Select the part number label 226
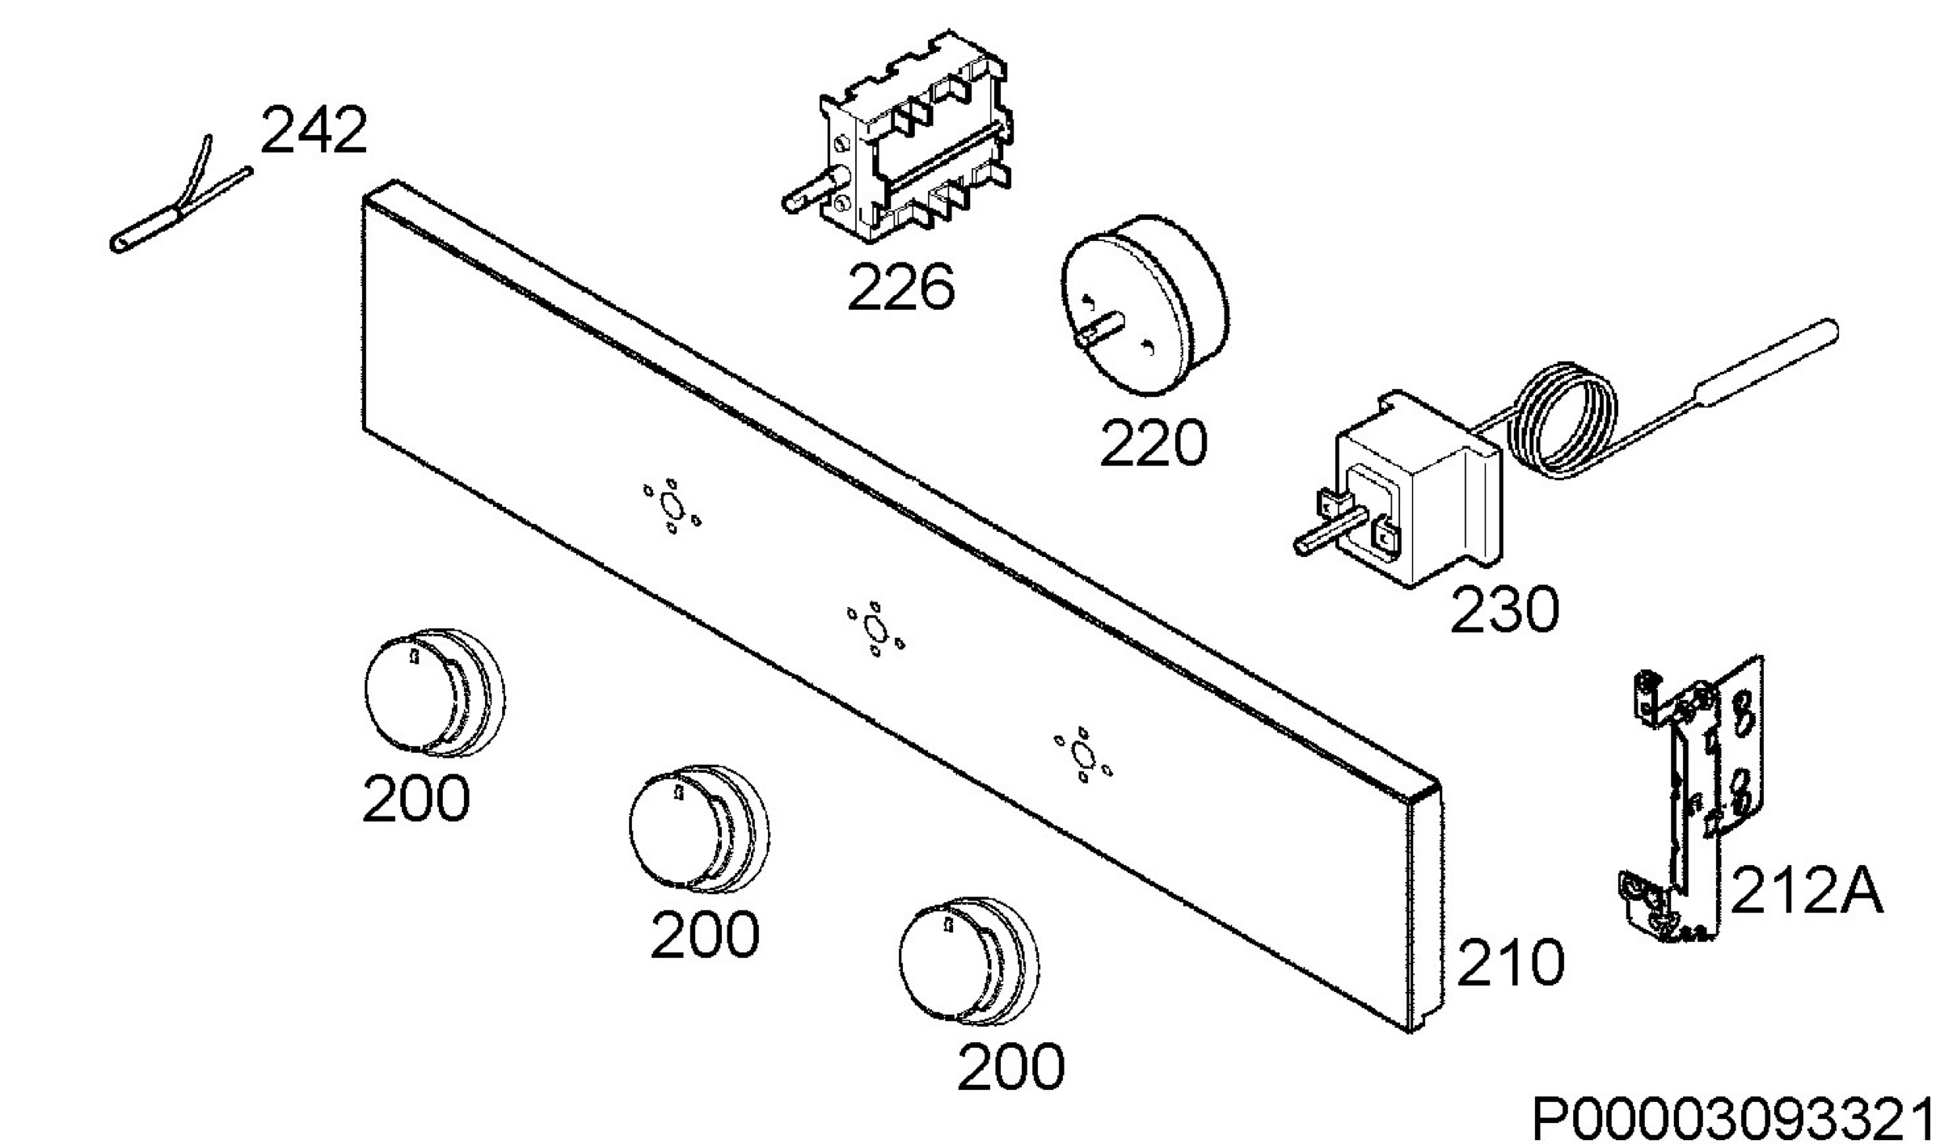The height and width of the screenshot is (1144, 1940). [x=900, y=286]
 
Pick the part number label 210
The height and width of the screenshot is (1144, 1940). [x=1511, y=962]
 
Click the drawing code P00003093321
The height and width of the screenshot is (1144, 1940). [x=1735, y=1118]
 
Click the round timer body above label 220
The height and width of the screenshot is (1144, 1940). [x=1145, y=306]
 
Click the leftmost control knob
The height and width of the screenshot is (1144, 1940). [x=435, y=692]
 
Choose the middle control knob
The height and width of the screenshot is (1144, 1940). [x=699, y=828]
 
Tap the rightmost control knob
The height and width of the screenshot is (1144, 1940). [x=969, y=962]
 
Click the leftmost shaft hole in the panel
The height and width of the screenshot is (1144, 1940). [x=671, y=506]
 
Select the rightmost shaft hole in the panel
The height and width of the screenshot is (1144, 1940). [x=1082, y=755]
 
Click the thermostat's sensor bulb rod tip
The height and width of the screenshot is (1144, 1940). [x=1833, y=329]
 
